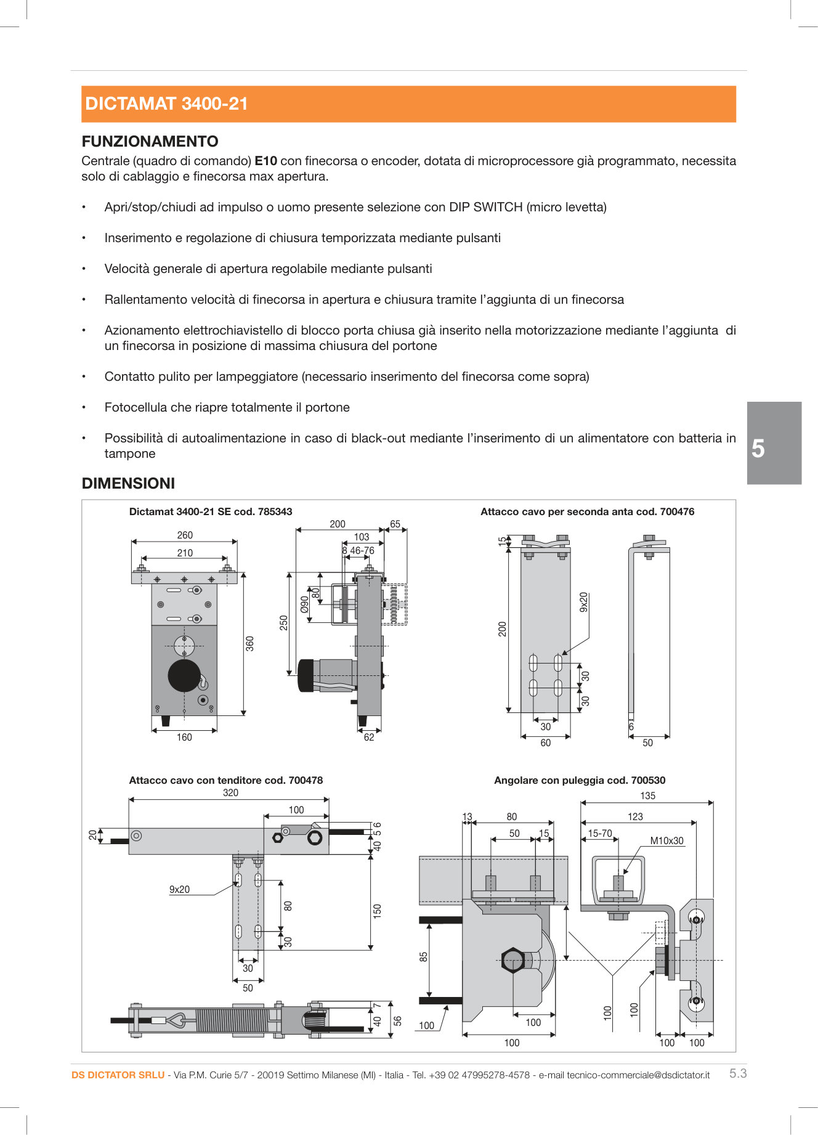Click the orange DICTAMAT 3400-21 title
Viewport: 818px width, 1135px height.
click(x=166, y=104)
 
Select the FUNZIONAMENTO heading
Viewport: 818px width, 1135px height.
click(x=150, y=142)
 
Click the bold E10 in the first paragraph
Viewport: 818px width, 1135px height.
click(x=265, y=161)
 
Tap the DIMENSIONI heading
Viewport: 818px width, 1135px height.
click(x=128, y=484)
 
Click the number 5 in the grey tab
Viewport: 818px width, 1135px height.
click(x=758, y=449)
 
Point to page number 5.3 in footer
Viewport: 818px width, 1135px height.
click(x=737, y=1073)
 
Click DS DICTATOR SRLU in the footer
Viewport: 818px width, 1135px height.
click(x=118, y=1075)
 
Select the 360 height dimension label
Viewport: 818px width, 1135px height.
click(x=250, y=644)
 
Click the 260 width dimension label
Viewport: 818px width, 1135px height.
click(x=185, y=535)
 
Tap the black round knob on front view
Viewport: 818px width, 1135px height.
click(x=184, y=675)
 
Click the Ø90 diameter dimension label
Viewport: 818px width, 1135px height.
click(x=304, y=604)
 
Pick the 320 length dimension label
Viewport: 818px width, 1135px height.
click(x=230, y=793)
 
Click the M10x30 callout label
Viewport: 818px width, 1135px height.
click(x=666, y=841)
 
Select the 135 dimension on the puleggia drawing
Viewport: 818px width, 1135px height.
click(x=647, y=796)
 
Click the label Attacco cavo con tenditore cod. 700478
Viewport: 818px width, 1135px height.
click(x=225, y=780)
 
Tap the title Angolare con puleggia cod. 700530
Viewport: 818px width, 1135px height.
click(x=579, y=780)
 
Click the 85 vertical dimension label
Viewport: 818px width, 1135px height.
click(x=424, y=957)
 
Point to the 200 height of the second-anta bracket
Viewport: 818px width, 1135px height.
click(x=503, y=629)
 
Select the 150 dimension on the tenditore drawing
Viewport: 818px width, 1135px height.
click(x=378, y=911)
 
